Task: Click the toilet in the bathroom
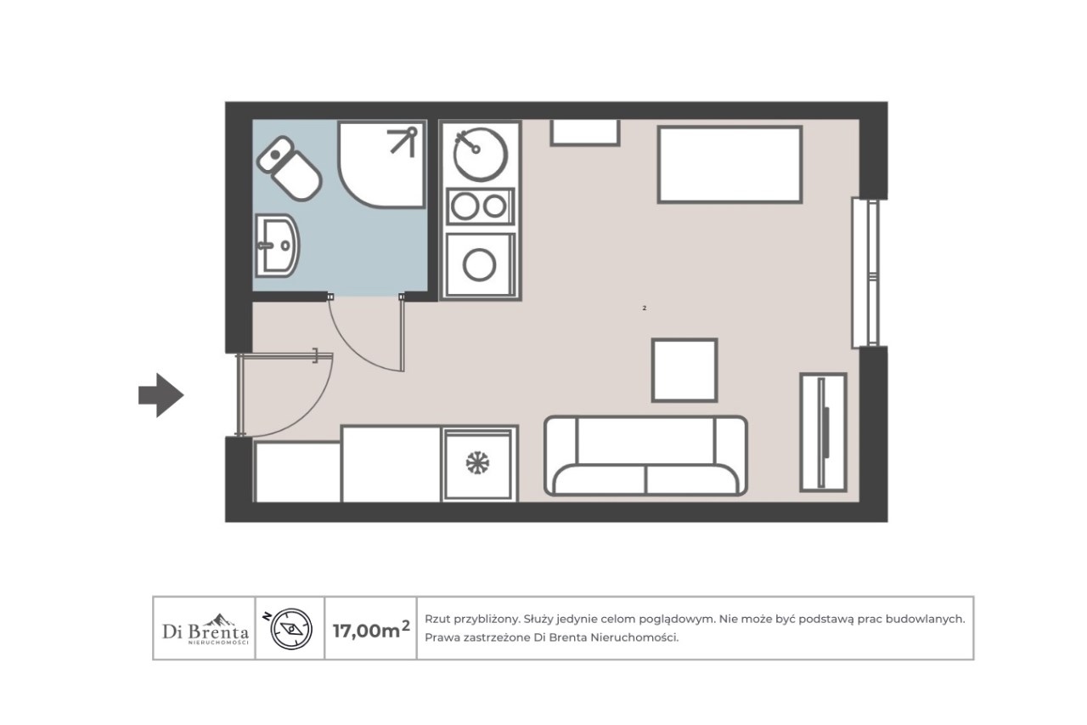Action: (x=290, y=168)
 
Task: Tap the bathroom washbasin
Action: (x=277, y=246)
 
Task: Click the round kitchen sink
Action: (x=480, y=154)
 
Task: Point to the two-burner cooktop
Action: (x=480, y=207)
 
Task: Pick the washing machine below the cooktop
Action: (x=480, y=264)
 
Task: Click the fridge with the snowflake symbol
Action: (x=479, y=464)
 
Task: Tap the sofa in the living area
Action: (x=645, y=456)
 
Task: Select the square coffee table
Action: (x=684, y=371)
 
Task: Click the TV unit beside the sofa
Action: (x=823, y=432)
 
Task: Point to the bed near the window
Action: (x=729, y=165)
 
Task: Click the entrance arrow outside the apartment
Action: (x=161, y=395)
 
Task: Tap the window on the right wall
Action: (x=866, y=273)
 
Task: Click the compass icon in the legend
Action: (x=291, y=629)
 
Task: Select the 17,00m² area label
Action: (x=371, y=629)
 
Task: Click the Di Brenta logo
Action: (x=206, y=629)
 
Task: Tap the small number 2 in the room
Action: (x=645, y=308)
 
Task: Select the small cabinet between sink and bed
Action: (x=585, y=133)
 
